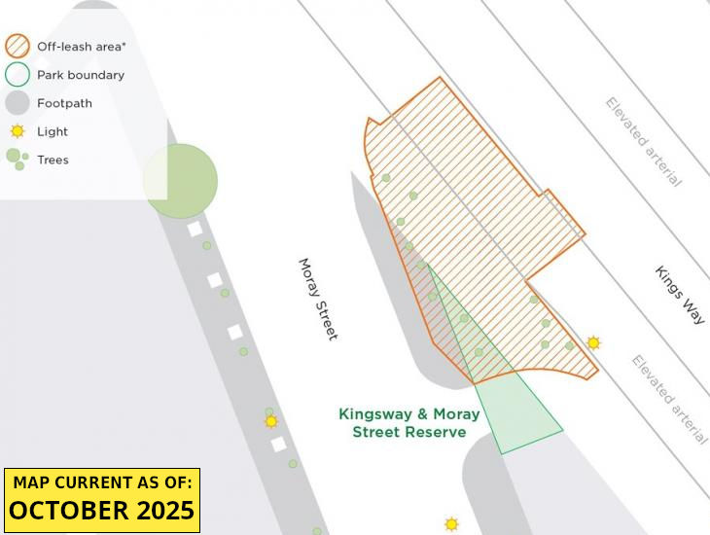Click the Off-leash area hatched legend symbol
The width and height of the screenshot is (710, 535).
[18, 46]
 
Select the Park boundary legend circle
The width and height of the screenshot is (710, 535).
[18, 74]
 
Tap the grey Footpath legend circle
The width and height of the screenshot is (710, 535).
[18, 102]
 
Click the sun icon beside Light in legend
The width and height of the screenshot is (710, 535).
[18, 131]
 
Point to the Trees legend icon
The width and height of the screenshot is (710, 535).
[16, 159]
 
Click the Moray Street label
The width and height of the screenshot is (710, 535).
[318, 299]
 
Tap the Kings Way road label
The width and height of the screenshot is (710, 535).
[679, 295]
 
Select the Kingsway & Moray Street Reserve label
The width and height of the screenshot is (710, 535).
[408, 423]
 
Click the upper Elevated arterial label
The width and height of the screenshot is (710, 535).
[644, 141]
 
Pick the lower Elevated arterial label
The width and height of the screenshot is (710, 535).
[669, 399]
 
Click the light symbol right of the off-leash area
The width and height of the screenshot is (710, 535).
[593, 342]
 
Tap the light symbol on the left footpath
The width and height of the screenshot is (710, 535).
[271, 421]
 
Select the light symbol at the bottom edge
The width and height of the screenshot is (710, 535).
[451, 524]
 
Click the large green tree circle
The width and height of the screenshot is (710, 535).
[180, 181]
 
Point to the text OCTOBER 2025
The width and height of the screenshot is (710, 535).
[102, 511]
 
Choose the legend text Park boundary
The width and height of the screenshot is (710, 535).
[81, 74]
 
